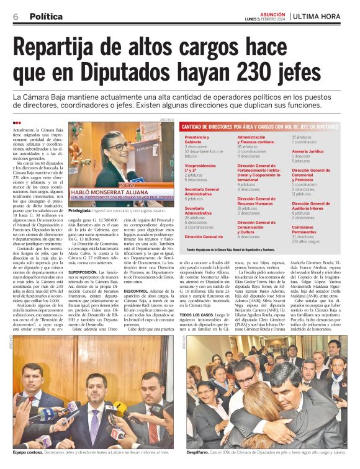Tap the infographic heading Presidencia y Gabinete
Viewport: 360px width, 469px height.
point(198,139)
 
